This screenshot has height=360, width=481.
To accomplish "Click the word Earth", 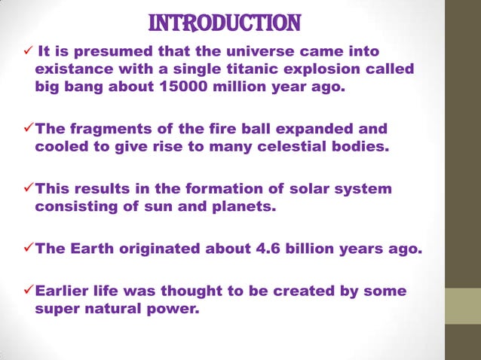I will click(94, 249).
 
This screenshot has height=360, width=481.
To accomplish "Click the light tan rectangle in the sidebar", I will click(461, 306).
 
